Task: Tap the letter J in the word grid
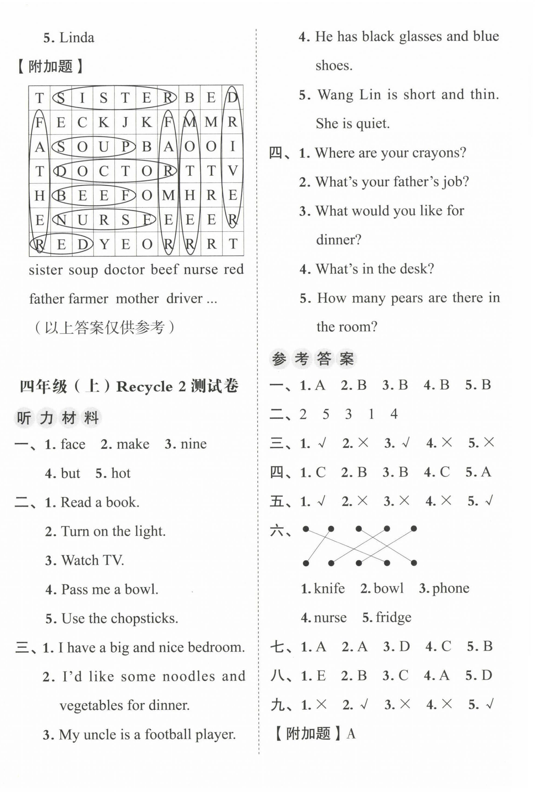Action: [x=125, y=122]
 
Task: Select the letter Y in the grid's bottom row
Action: [x=104, y=244]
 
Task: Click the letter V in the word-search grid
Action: [x=233, y=171]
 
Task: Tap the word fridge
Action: [x=393, y=617]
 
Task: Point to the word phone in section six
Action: [x=451, y=588]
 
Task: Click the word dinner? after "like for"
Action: [x=338, y=240]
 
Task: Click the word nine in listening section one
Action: [x=193, y=444]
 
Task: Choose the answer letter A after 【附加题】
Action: [x=351, y=733]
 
